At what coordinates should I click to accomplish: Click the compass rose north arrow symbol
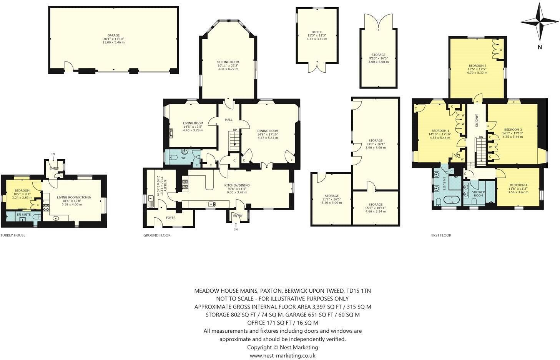click(x=540, y=22)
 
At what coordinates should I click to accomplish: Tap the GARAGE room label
click(x=113, y=35)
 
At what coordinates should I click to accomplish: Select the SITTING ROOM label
click(x=228, y=62)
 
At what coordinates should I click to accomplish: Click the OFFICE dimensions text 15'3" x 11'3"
click(x=317, y=35)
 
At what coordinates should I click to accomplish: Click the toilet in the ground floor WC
click(x=173, y=157)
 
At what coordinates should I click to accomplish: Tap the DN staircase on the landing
click(x=480, y=150)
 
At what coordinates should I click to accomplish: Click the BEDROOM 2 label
click(x=477, y=66)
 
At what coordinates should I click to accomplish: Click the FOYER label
click(x=170, y=218)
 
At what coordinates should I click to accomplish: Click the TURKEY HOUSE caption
click(x=13, y=235)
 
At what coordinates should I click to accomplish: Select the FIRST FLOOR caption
click(x=440, y=235)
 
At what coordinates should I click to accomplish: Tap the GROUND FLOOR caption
click(x=157, y=235)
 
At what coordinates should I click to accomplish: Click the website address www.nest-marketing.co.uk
click(x=282, y=355)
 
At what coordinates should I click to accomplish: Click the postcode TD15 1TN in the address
click(x=358, y=291)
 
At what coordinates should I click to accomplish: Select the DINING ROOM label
click(x=268, y=131)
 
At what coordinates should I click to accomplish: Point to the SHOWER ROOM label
click(x=478, y=193)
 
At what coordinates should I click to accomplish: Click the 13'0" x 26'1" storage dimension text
click(x=375, y=144)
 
